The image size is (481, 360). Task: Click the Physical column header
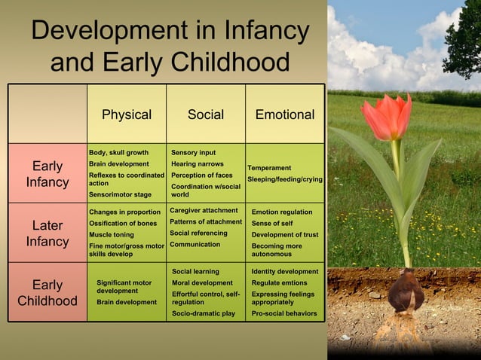127,114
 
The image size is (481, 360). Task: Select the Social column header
206,114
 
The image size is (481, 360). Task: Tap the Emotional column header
285,114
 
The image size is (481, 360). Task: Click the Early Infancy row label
47,174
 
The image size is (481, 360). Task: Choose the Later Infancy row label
47,233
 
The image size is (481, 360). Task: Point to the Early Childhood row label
47,293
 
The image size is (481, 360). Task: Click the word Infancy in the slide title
267,31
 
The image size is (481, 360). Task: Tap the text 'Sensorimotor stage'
120,194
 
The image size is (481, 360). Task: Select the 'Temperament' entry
269,167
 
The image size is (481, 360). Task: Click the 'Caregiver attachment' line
204,210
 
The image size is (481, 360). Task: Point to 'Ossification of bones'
123,223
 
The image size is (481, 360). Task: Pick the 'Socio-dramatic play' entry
204,313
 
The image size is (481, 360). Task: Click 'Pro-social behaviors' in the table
284,313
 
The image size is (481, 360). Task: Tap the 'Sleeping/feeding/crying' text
285,179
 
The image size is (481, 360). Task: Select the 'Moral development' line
202,282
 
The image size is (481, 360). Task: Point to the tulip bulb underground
406,291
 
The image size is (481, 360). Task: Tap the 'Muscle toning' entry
112,234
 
